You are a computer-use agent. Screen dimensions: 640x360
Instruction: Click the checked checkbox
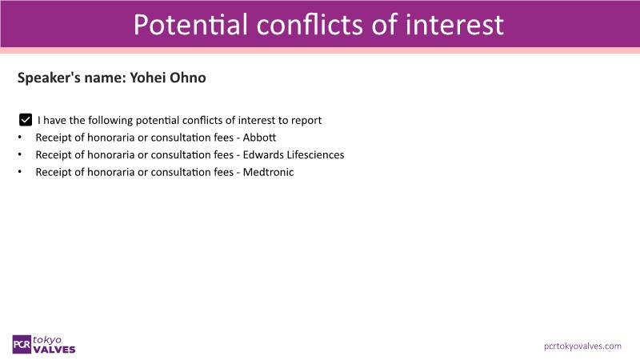26,120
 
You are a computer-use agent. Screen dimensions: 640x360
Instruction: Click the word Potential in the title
190,25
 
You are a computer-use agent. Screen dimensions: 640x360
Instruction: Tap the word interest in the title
454,25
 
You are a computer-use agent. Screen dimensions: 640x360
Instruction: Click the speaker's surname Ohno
188,78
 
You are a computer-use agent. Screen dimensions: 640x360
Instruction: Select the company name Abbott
259,138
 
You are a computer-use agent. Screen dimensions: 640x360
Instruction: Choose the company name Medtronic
268,172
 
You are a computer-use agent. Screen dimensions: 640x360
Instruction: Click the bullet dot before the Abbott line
19,138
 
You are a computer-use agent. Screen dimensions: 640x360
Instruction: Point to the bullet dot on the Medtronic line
19,172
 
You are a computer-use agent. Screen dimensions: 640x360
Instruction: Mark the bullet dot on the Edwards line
19,154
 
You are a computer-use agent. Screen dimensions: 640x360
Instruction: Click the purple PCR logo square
22,345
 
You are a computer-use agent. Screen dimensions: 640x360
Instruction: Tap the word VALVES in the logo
54,350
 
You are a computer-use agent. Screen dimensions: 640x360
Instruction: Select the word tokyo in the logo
47,339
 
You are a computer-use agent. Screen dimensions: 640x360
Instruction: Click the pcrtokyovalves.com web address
582,346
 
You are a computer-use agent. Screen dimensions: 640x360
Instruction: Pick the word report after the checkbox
306,121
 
